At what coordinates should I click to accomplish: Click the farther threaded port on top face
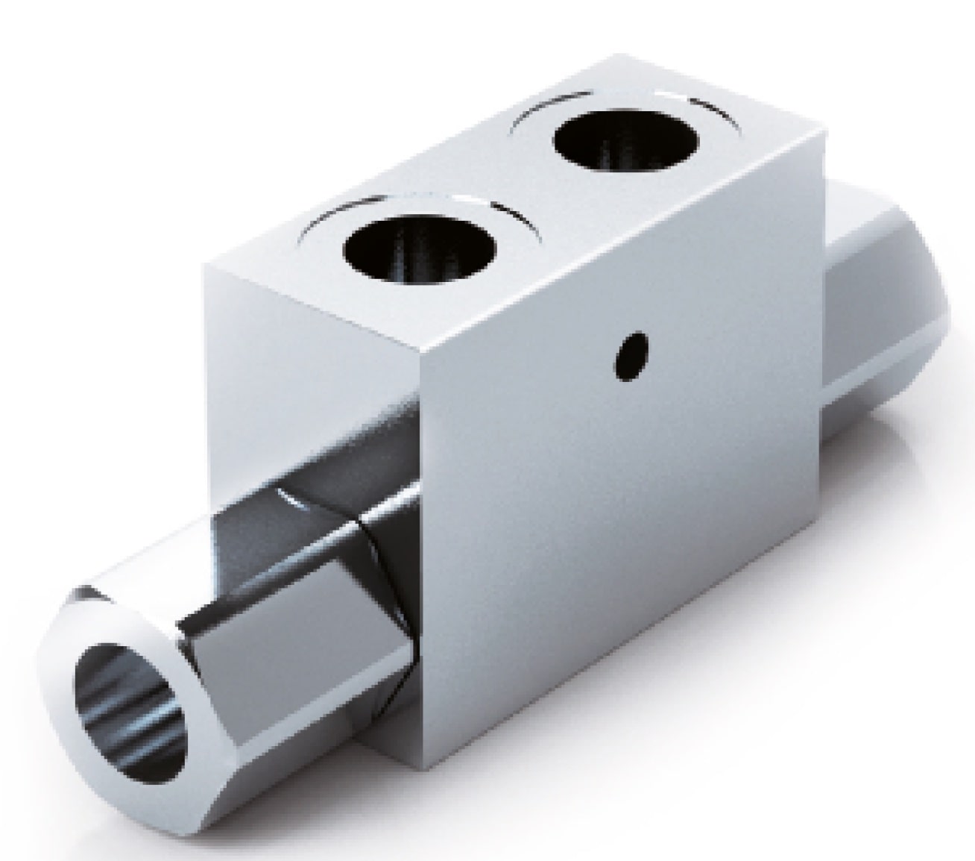[x=627, y=145]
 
